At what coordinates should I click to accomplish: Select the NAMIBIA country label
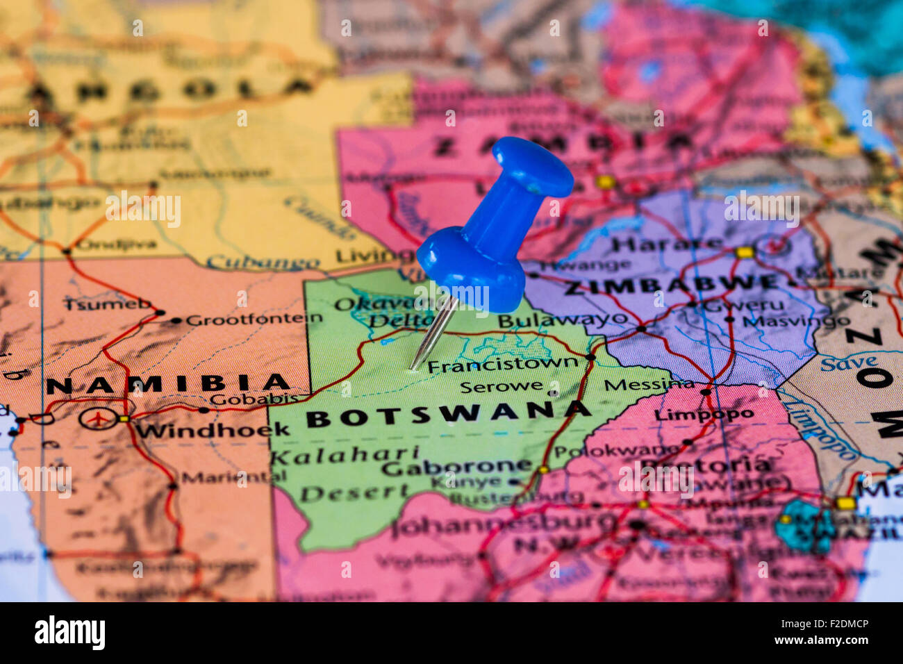pyautogui.click(x=167, y=383)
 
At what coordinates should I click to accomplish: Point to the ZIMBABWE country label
pyautogui.click(x=671, y=285)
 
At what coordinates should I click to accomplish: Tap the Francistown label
pyautogui.click(x=502, y=364)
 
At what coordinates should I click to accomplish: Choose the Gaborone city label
pyautogui.click(x=456, y=467)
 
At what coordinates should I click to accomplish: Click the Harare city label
pyautogui.click(x=667, y=244)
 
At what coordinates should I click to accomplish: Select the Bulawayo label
pyautogui.click(x=563, y=319)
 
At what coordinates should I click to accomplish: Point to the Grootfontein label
pyautogui.click(x=254, y=319)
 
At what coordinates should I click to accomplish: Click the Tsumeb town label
pyautogui.click(x=107, y=304)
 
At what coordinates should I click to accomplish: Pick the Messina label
pyautogui.click(x=649, y=384)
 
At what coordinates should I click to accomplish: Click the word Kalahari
pyautogui.click(x=344, y=455)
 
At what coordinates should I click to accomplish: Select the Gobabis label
pyautogui.click(x=254, y=399)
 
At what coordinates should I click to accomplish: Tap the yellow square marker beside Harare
pyautogui.click(x=744, y=252)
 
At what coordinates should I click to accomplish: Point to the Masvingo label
pyautogui.click(x=795, y=321)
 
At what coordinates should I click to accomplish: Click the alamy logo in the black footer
pyautogui.click(x=69, y=633)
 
